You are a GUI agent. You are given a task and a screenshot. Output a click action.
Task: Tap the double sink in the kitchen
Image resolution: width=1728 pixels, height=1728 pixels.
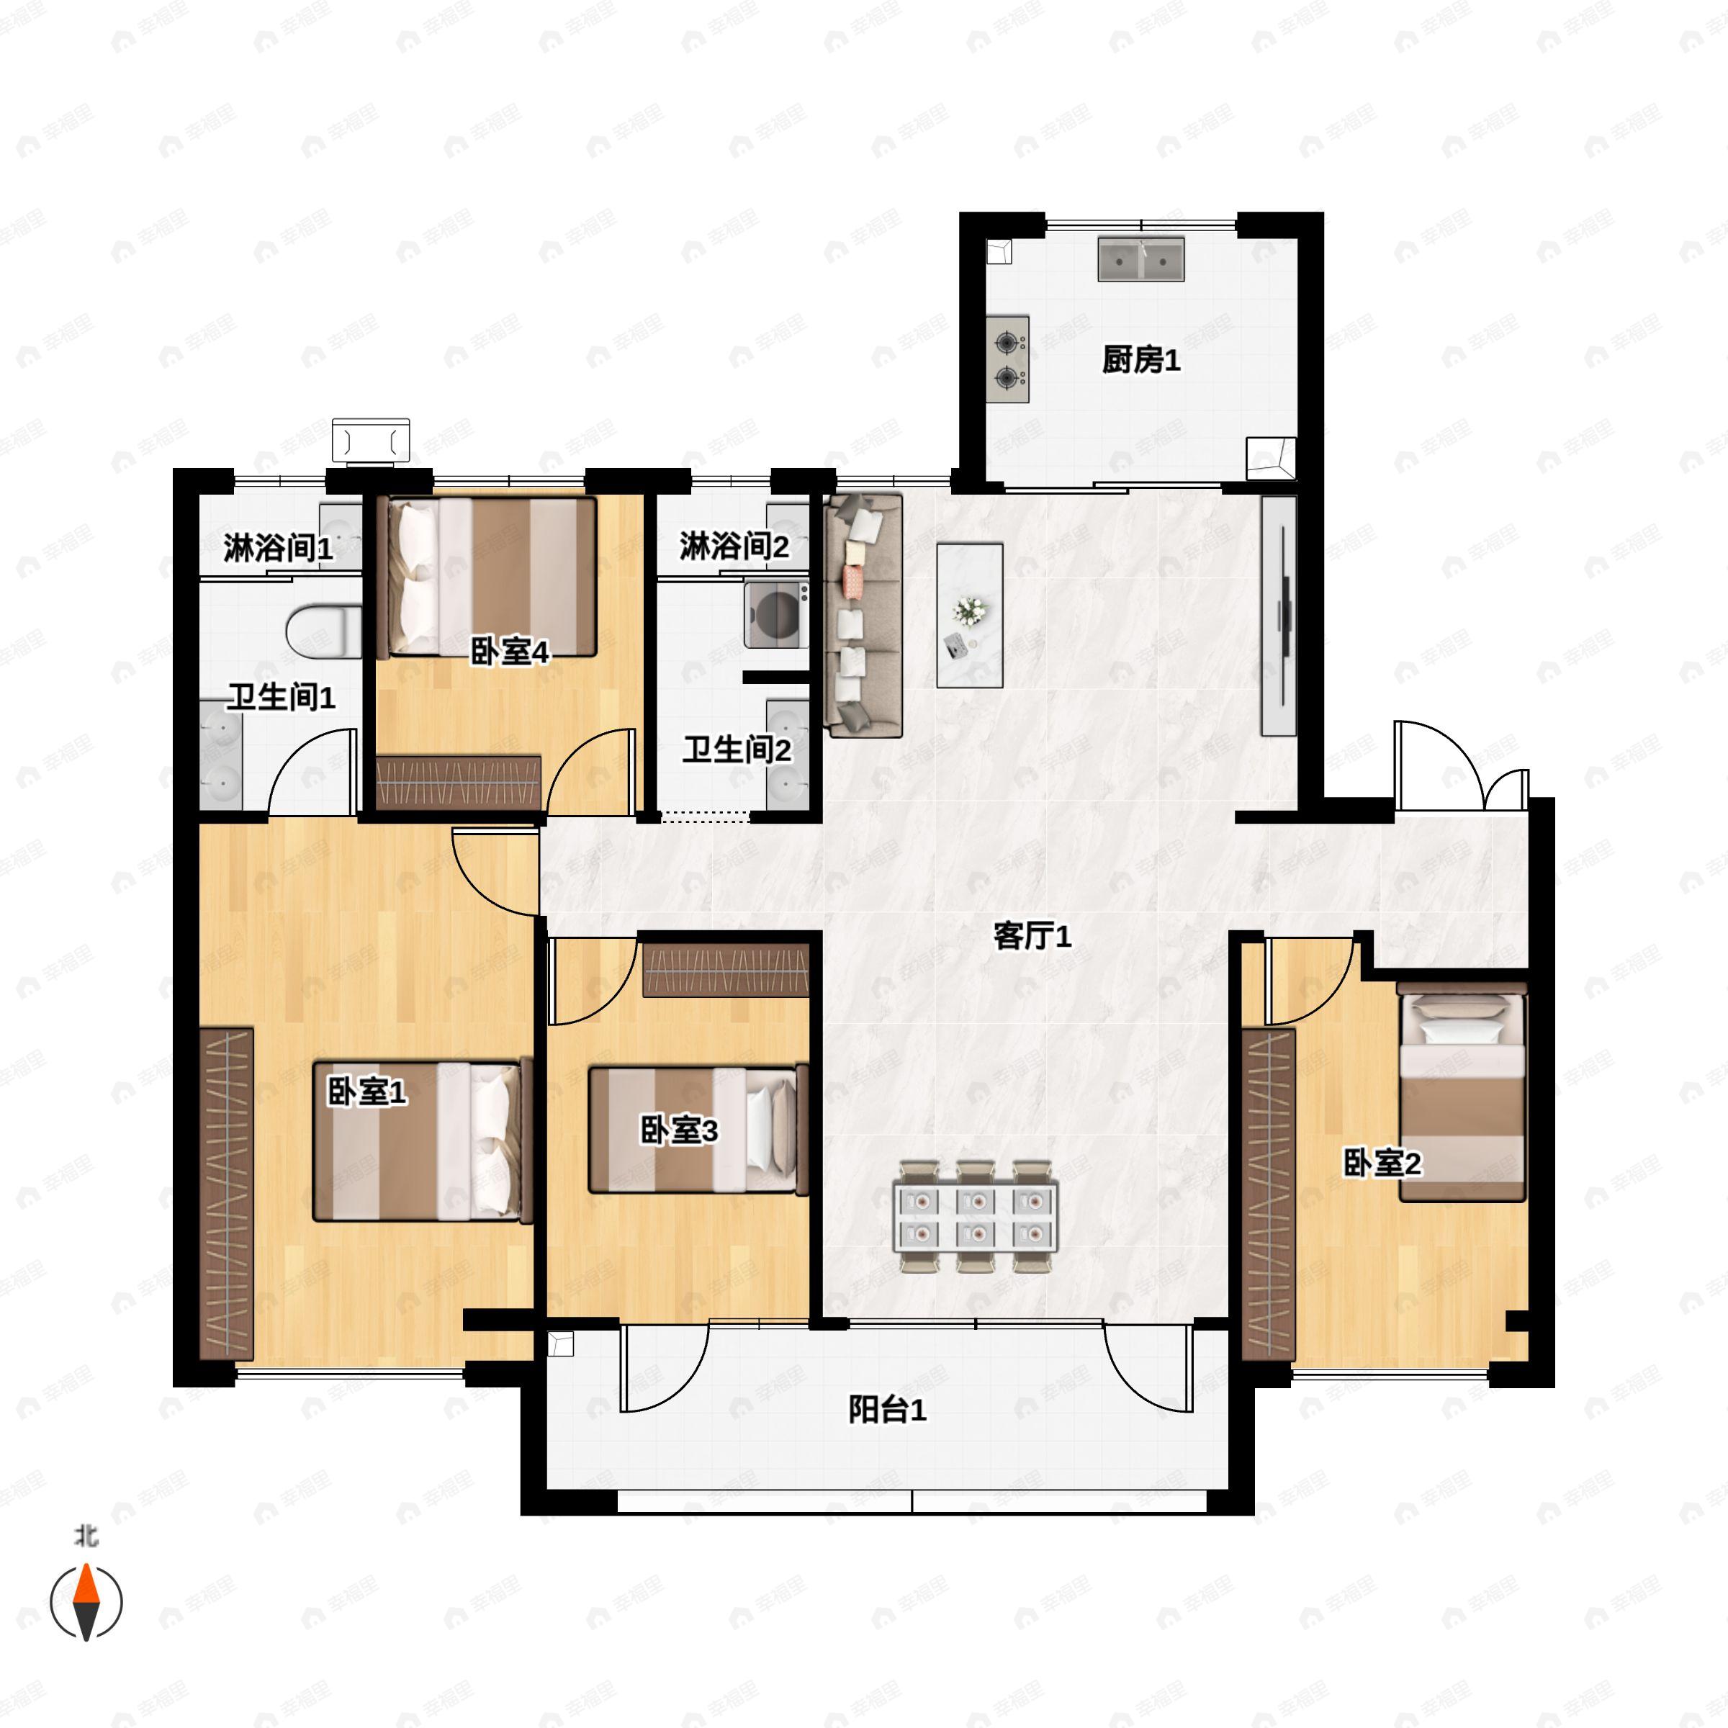[1141, 259]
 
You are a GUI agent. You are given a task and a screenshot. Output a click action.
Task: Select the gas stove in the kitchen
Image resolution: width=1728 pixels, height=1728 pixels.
[1008, 359]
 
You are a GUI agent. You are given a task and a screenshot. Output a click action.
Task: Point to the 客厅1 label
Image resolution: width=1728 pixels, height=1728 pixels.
[1032, 937]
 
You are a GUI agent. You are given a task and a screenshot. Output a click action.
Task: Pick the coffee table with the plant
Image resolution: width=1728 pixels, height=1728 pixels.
[970, 616]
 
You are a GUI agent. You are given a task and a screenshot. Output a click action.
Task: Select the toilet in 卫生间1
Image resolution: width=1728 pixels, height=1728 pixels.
[324, 631]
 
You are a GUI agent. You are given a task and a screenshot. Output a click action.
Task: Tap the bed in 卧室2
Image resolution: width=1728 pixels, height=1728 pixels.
[1462, 1092]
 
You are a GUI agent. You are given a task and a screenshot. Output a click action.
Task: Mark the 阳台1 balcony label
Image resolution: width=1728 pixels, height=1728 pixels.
[887, 1410]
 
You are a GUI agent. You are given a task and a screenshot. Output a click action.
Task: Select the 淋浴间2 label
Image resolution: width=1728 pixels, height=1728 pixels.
[734, 546]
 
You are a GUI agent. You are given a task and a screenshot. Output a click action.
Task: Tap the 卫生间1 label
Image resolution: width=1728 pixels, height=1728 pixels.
[282, 697]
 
